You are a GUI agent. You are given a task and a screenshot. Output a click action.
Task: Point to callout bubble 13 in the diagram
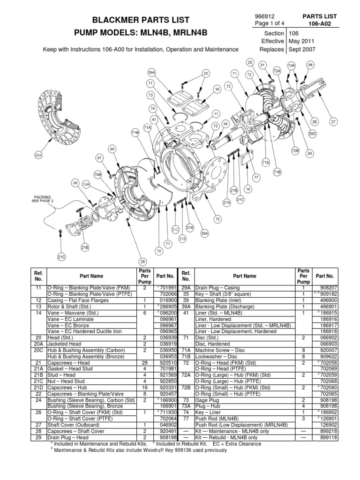point(228,86)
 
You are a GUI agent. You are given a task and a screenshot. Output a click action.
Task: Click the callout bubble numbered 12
point(217,218)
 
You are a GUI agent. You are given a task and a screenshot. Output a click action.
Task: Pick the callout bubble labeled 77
point(255,178)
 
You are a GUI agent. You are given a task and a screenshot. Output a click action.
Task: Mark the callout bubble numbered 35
point(225,124)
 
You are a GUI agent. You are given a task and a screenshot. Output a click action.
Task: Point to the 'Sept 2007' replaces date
point(302,49)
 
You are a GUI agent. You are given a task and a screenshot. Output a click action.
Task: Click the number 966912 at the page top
point(264,17)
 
